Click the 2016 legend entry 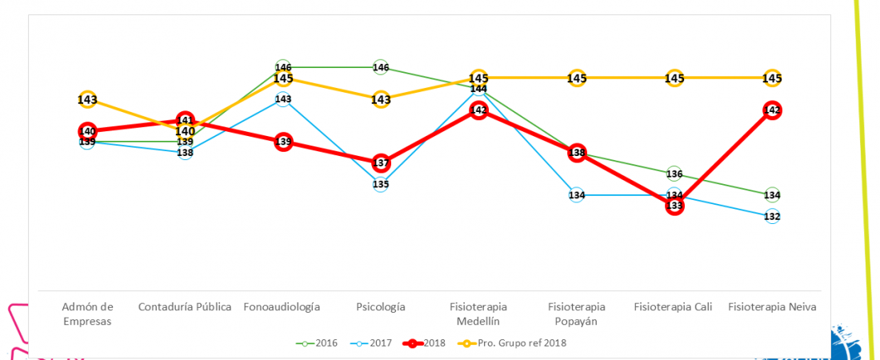click(318, 343)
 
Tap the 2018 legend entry click(428, 343)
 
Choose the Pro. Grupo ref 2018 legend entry click(511, 343)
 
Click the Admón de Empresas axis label click(88, 314)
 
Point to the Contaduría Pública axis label click(185, 306)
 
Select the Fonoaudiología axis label click(282, 306)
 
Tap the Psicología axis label click(381, 306)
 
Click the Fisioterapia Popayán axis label click(577, 314)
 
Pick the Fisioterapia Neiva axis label click(772, 306)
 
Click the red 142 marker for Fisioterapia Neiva click(772, 110)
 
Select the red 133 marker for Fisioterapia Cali click(674, 206)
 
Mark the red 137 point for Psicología click(381, 163)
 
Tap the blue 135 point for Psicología click(381, 185)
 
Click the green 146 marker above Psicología click(381, 68)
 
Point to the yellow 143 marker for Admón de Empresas click(88, 100)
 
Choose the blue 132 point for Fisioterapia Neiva click(772, 217)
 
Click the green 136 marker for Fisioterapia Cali click(674, 174)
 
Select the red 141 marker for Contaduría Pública click(185, 121)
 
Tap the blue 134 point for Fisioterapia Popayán click(577, 195)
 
